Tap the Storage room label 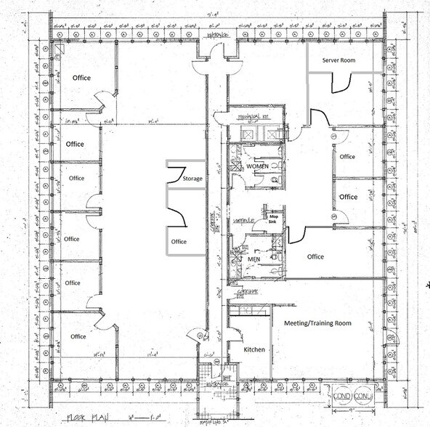click(x=192, y=178)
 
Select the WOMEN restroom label click(x=257, y=166)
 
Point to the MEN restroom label click(x=253, y=259)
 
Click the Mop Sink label click(x=275, y=219)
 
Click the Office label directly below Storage click(x=179, y=242)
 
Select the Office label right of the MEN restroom click(x=315, y=256)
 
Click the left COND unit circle click(x=344, y=396)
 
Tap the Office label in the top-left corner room click(x=81, y=78)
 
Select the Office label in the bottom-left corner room click(x=78, y=336)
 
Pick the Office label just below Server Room click(x=347, y=157)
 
